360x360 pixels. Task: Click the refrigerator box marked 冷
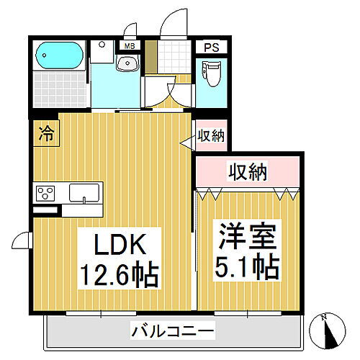pyautogui.click(x=45, y=132)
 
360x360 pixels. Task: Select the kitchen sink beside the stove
pyautogui.click(x=84, y=193)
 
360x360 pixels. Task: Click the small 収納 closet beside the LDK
pyautogui.click(x=210, y=136)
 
